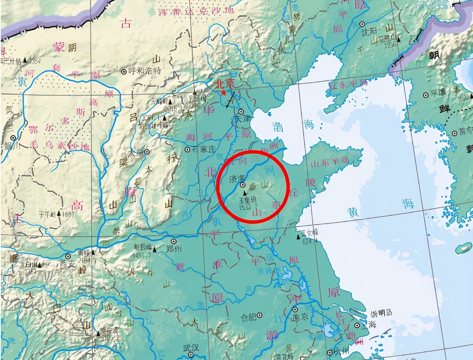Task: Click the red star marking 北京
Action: [223, 92]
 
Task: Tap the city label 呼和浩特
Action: [144, 71]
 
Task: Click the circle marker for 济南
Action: [243, 185]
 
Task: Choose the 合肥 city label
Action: [248, 317]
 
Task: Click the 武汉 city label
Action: [191, 348]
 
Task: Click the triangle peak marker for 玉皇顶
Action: [245, 193]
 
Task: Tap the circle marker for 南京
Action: [295, 309]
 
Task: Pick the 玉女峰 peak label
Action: [310, 233]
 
